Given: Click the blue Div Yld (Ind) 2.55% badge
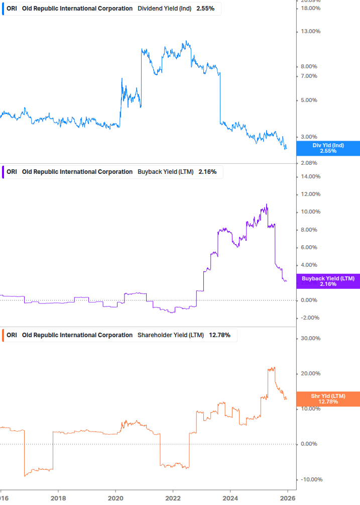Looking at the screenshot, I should click(328, 148).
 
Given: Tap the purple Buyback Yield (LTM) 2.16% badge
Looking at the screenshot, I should click(328, 281).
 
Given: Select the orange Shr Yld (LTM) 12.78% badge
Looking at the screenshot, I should click(328, 399).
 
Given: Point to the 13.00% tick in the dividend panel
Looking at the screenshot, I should click(310, 32).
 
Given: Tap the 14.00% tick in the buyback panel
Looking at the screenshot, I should click(310, 177).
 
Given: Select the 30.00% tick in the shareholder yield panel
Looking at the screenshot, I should click(310, 339).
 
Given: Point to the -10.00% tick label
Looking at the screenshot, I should click(309, 479).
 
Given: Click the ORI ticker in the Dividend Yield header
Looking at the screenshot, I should click(12, 9).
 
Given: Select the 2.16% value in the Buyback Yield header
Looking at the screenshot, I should click(207, 172).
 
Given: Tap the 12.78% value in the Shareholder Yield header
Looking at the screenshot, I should click(220, 335).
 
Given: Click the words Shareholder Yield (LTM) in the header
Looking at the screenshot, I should click(171, 335).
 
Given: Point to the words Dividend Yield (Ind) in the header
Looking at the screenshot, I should click(164, 9).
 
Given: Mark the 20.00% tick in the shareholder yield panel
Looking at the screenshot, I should click(310, 374).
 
